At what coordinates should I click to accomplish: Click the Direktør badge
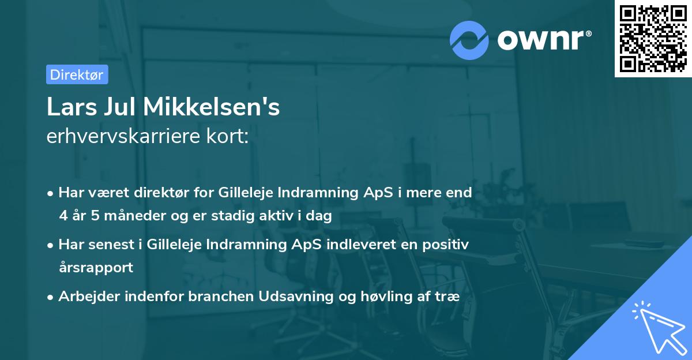click(x=77, y=74)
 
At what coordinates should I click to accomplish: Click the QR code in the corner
click(x=653, y=38)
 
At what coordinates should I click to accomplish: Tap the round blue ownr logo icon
click(x=469, y=40)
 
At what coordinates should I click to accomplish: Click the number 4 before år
click(x=62, y=216)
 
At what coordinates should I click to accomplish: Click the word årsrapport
click(x=96, y=268)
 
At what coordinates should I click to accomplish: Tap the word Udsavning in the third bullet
click(x=296, y=297)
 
